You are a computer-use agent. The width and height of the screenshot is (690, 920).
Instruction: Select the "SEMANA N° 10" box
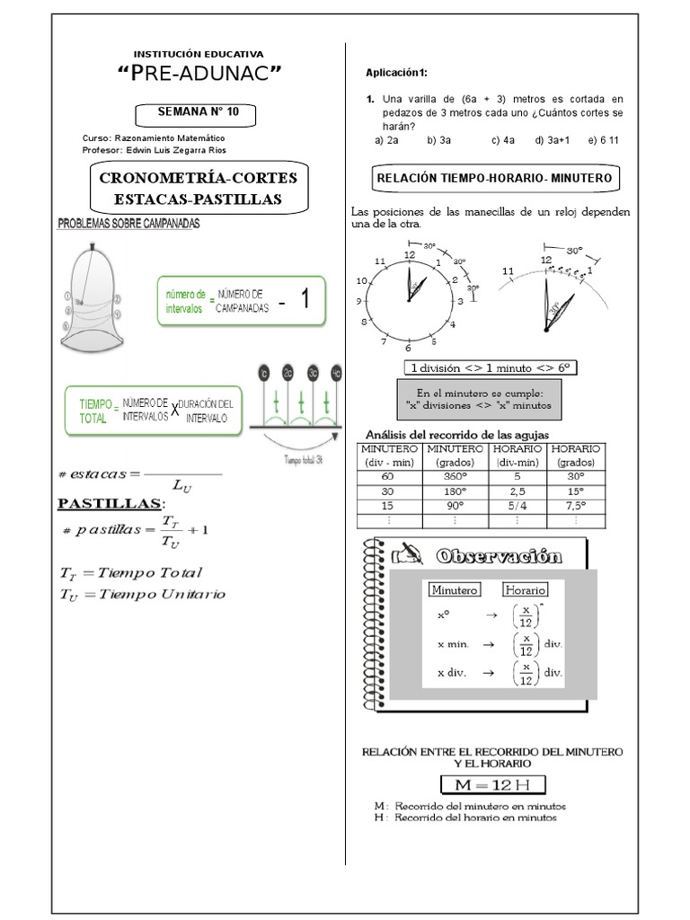coord(195,113)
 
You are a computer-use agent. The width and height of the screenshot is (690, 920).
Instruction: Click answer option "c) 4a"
coord(502,141)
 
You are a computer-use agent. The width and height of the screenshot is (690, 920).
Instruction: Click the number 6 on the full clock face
coord(408,349)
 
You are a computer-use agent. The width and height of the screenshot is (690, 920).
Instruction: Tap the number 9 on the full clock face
coord(359,301)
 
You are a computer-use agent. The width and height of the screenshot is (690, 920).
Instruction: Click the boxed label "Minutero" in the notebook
coord(455,589)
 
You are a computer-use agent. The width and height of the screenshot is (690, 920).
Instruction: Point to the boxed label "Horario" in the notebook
coord(525,589)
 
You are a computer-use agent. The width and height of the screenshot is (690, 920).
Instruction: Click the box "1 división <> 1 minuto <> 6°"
coord(491,367)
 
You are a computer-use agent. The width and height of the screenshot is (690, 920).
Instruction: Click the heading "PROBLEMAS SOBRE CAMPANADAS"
coord(129,223)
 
